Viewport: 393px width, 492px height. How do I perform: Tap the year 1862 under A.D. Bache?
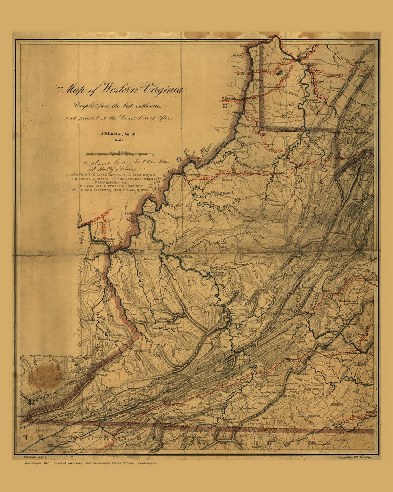point(119,140)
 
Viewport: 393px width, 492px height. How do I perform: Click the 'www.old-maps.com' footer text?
point(147,463)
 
